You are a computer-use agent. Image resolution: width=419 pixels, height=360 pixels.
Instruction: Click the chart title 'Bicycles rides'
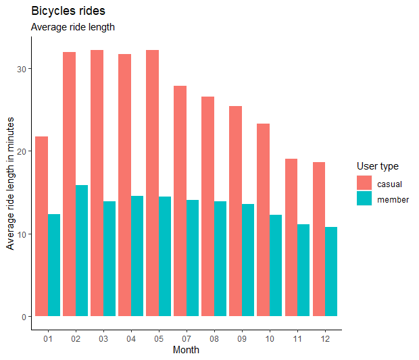pyautogui.click(x=68, y=11)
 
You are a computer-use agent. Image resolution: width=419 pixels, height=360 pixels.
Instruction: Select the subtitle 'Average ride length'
pyautogui.click(x=73, y=28)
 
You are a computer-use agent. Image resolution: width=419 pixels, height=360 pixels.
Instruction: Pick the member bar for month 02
pyautogui.click(x=82, y=251)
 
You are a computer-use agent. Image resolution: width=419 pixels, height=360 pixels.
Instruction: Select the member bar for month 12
pyautogui.click(x=330, y=272)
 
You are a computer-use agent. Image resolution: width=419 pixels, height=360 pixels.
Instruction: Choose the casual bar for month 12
pyautogui.click(x=318, y=239)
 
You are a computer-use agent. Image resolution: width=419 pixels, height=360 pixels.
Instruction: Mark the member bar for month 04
pyautogui.click(x=137, y=256)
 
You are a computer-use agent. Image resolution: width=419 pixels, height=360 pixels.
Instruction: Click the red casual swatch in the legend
pyautogui.click(x=364, y=183)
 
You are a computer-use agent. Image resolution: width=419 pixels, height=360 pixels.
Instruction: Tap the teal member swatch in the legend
pyautogui.click(x=364, y=199)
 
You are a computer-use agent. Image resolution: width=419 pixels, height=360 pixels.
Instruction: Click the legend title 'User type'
pyautogui.click(x=377, y=166)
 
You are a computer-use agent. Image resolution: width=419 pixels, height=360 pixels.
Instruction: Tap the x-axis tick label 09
pyautogui.click(x=241, y=338)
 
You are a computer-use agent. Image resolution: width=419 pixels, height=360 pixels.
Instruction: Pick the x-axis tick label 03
pyautogui.click(x=103, y=338)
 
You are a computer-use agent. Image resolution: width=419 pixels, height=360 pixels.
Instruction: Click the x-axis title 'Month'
pyautogui.click(x=186, y=351)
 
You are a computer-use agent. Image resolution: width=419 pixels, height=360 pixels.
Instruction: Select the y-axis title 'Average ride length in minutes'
pyautogui.click(x=11, y=183)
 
